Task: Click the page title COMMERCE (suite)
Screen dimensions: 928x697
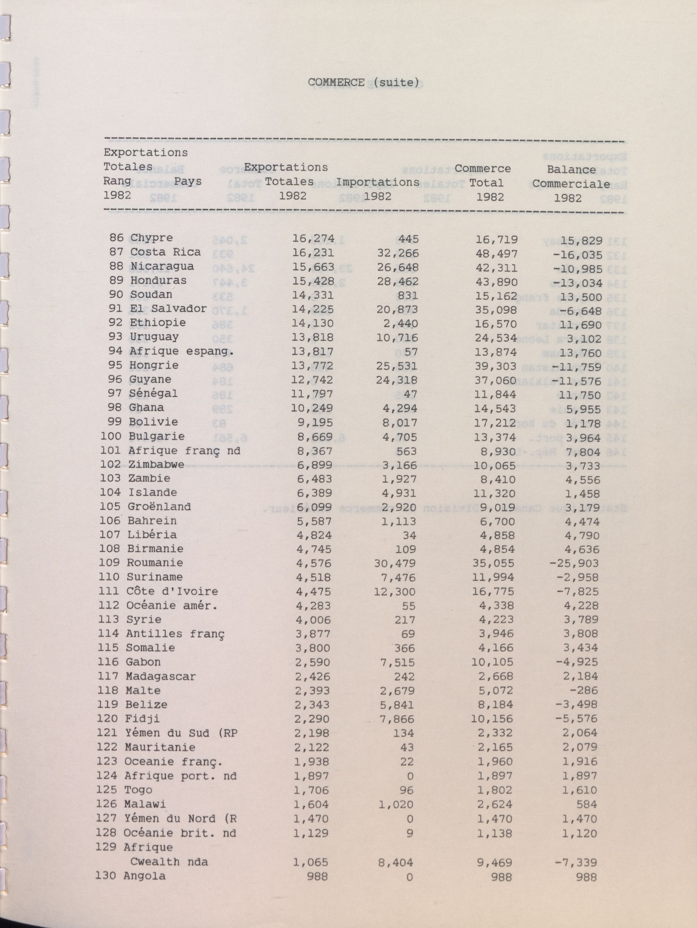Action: [x=363, y=83]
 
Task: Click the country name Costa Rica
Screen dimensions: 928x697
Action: [x=165, y=252]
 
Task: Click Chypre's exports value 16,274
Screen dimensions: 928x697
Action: [x=313, y=238]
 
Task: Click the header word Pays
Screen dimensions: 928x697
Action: [x=188, y=182]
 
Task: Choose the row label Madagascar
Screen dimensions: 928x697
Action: [x=161, y=676]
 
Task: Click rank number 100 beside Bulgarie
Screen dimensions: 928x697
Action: [x=111, y=436]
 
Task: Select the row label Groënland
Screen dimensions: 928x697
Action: [x=159, y=507]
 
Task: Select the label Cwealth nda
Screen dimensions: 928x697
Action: [x=169, y=862]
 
